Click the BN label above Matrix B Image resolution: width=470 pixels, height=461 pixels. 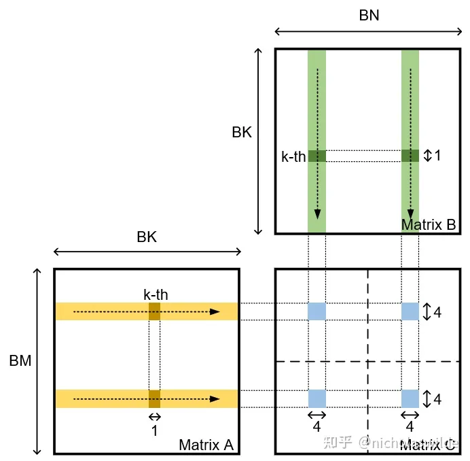[369, 15]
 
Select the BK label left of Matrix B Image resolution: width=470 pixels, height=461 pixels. [242, 133]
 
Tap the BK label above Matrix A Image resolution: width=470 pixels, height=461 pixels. [147, 237]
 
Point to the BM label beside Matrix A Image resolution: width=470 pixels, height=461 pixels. [20, 361]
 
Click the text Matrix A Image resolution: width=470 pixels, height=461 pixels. [206, 445]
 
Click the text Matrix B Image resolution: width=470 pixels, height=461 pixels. [428, 224]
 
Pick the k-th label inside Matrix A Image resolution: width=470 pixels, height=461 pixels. [156, 295]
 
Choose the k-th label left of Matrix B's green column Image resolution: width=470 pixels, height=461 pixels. [294, 156]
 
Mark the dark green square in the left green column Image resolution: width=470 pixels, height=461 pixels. [317, 156]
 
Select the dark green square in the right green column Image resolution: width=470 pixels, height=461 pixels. [410, 156]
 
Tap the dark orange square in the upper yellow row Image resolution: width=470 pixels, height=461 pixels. [155, 311]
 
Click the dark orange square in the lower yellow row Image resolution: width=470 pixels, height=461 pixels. [155, 398]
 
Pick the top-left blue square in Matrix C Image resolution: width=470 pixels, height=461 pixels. [317, 311]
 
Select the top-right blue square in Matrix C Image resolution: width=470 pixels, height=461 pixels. [410, 311]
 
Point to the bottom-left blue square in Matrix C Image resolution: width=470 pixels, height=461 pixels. [317, 398]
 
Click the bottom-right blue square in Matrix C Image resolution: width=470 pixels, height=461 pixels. [410, 398]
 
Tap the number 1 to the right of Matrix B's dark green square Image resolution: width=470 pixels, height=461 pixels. [438, 156]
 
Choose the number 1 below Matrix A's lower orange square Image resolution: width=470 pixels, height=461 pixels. [155, 430]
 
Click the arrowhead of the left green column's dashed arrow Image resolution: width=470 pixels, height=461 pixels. [317, 212]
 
